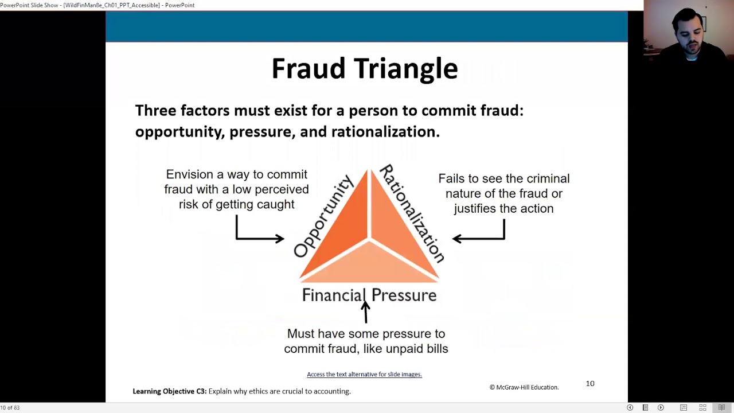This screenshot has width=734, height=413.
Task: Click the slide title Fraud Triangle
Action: pyautogui.click(x=365, y=69)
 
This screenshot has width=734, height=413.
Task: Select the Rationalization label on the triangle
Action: pyautogui.click(x=412, y=213)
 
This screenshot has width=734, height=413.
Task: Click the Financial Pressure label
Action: pyautogui.click(x=369, y=295)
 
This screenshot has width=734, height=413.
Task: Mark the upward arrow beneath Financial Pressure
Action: pyautogui.click(x=365, y=313)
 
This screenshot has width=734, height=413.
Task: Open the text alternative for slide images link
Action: pyautogui.click(x=364, y=375)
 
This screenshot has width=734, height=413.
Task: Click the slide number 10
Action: pyautogui.click(x=590, y=383)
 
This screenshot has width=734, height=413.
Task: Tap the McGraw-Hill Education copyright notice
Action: pyautogui.click(x=524, y=387)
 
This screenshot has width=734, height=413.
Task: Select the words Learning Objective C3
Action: pyautogui.click(x=169, y=391)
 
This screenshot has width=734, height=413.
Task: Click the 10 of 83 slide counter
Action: pyautogui.click(x=10, y=408)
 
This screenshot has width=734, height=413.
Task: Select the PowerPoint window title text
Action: pyautogui.click(x=97, y=5)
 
